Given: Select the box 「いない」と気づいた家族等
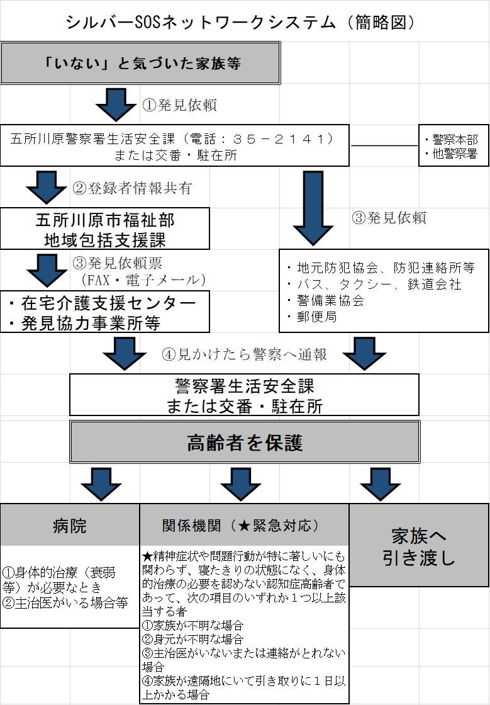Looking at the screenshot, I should [140, 63].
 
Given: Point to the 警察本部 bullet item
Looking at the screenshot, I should [451, 140].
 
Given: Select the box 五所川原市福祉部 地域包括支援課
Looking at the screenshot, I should [105, 230].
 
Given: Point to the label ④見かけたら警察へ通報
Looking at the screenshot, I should [245, 354].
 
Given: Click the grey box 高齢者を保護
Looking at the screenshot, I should [245, 443].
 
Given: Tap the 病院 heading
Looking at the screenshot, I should [70, 526].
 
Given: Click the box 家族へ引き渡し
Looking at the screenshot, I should [419, 546].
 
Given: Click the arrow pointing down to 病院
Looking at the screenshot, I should [101, 483].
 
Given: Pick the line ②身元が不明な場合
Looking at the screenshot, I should [182, 639].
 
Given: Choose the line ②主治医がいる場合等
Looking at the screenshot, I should [65, 603].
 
